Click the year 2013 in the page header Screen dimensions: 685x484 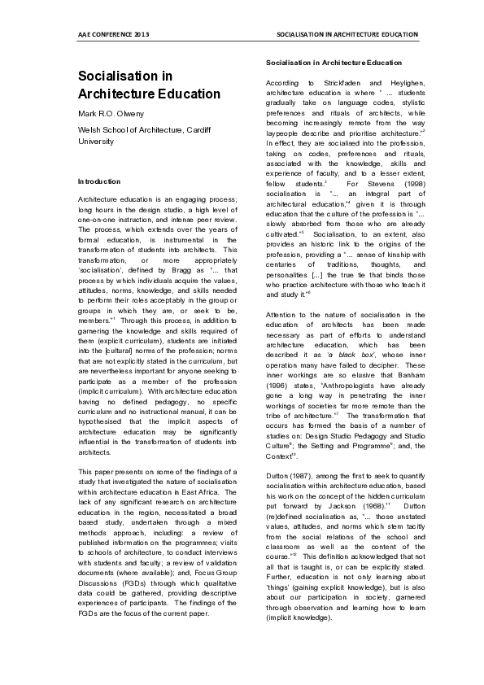[141, 36]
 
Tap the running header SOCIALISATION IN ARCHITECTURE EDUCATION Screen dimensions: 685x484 [347, 36]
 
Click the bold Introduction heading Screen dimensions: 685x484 [99, 181]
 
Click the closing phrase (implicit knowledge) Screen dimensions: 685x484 [300, 639]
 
